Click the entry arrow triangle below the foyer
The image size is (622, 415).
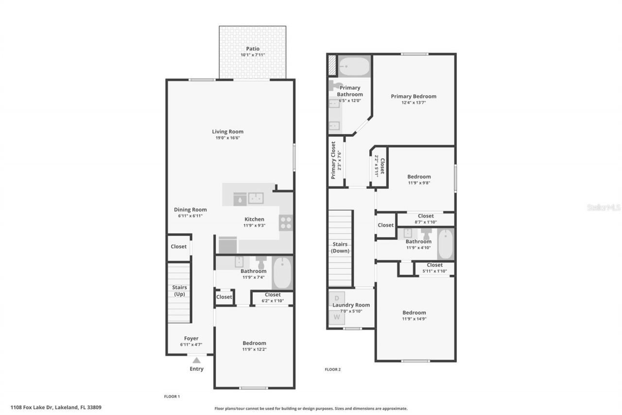196,360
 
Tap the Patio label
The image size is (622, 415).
252,49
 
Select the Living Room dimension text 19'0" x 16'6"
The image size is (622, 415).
227,138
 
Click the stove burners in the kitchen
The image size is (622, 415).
286,223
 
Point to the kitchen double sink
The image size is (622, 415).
256,198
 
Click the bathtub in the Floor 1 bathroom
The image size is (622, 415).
282,273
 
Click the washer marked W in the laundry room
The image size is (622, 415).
337,317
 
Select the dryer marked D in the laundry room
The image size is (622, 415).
337,298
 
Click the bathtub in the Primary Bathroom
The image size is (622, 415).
354,66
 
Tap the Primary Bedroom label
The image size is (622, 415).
414,96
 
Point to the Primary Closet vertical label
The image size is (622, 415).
334,160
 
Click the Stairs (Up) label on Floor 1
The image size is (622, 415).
179,290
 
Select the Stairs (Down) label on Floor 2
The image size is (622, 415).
340,248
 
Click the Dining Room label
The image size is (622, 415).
190,210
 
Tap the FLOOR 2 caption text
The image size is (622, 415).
332,369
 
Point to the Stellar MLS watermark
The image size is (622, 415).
604,207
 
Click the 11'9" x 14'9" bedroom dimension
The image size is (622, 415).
414,319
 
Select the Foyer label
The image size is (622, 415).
191,338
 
